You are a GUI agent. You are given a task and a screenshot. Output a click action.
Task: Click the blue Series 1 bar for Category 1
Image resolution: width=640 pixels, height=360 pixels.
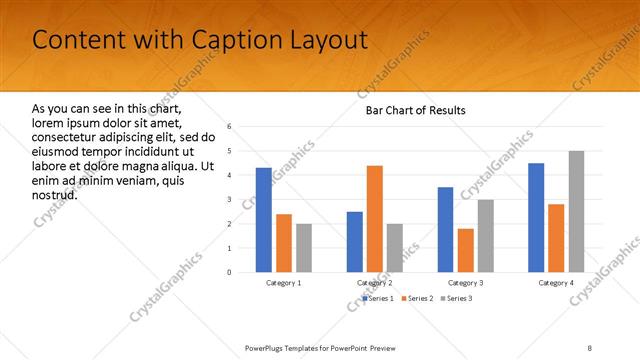point(263,220)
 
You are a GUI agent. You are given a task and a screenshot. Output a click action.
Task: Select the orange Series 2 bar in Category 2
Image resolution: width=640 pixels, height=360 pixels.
point(375,218)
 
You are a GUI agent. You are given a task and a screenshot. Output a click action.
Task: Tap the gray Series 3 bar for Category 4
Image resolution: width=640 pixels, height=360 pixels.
point(576,211)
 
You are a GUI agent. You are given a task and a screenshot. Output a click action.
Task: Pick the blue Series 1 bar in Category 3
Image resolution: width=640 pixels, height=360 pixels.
point(445,229)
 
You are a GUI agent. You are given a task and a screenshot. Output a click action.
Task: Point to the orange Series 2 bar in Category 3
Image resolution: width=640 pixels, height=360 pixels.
point(466,250)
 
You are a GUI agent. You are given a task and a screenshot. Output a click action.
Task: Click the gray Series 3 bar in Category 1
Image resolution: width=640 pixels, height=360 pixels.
point(304,247)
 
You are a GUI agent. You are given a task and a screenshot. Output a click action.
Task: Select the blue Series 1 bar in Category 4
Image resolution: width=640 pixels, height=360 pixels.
point(536,217)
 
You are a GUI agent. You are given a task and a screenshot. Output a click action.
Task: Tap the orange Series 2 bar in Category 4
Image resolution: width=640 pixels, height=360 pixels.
point(556,238)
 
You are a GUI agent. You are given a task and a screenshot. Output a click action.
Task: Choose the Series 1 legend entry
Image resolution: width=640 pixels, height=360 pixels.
point(377,299)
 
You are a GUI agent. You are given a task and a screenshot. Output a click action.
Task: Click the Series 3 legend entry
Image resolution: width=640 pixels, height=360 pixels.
point(456,299)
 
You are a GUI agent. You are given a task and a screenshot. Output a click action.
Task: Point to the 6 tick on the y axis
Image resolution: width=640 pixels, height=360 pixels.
point(230,127)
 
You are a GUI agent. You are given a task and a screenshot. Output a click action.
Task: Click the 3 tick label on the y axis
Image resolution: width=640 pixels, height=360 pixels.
point(230,199)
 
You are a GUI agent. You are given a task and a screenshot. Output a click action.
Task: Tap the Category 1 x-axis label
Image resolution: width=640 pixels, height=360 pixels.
point(284,283)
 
